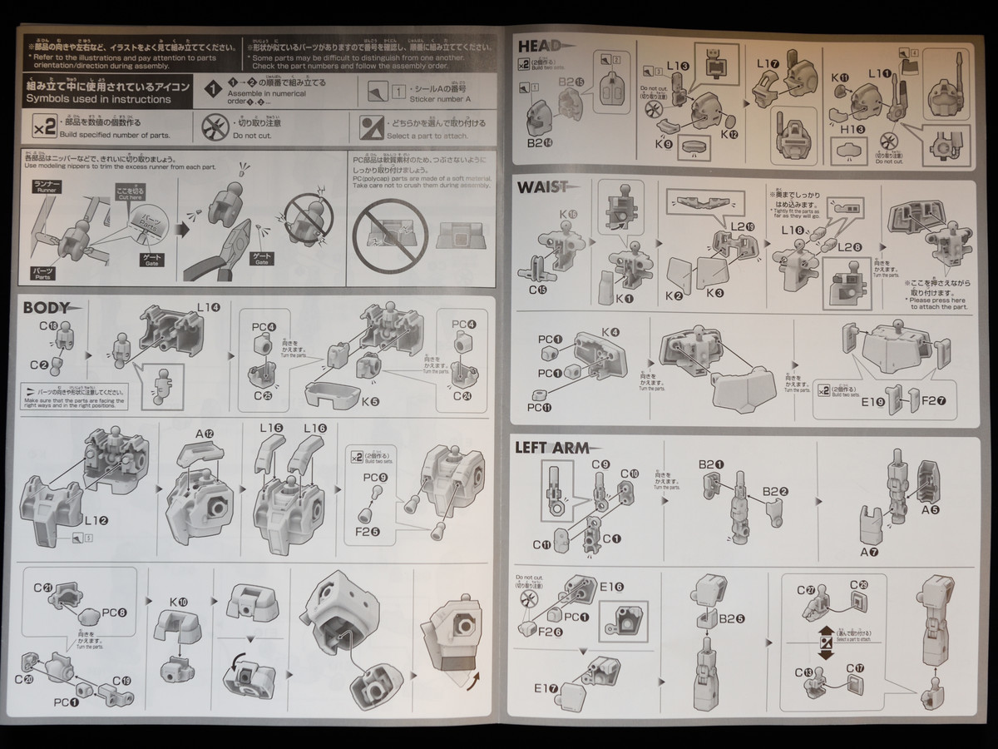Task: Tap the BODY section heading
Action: tap(47, 307)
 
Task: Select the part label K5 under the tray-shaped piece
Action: tap(370, 402)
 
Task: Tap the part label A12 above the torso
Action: tap(205, 434)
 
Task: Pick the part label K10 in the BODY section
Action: tap(178, 601)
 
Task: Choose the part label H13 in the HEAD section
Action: tap(852, 129)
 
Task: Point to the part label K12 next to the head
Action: tap(729, 133)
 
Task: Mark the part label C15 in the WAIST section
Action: tap(536, 290)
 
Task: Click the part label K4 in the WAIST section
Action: tap(611, 333)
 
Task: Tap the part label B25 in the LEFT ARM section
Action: tap(732, 618)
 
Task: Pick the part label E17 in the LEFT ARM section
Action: tap(545, 687)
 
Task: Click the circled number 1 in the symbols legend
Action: tap(214, 89)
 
